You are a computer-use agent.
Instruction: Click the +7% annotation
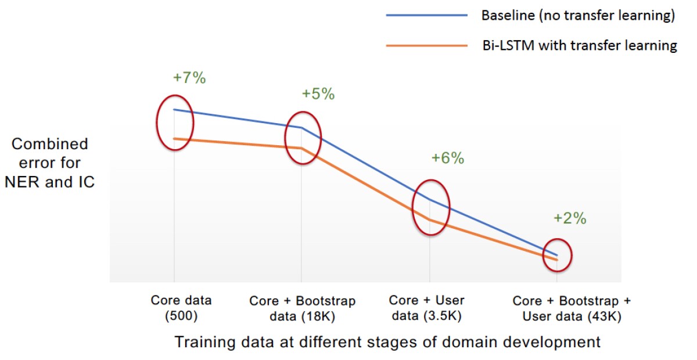[189, 78]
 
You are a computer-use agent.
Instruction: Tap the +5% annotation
[318, 94]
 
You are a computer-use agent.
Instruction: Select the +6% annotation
[448, 158]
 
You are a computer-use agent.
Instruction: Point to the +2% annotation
[570, 219]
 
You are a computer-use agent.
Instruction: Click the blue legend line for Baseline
[427, 16]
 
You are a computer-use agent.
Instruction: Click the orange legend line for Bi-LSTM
[427, 45]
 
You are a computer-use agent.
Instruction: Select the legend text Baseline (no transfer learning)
[578, 16]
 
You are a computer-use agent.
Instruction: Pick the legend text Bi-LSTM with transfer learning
[579, 45]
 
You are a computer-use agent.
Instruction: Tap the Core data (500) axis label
[181, 308]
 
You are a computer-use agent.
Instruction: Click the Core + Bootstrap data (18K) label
[302, 309]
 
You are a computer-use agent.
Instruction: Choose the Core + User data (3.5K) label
[427, 308]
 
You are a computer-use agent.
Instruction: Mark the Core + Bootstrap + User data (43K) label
[572, 309]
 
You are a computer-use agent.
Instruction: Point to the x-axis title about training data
[387, 342]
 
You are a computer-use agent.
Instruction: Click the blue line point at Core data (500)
[174, 109]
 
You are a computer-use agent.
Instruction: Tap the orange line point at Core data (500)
[174, 138]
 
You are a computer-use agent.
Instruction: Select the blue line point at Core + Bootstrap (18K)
[301, 127]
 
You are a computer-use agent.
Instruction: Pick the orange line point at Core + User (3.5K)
[429, 219]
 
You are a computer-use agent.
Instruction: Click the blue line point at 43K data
[557, 255]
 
